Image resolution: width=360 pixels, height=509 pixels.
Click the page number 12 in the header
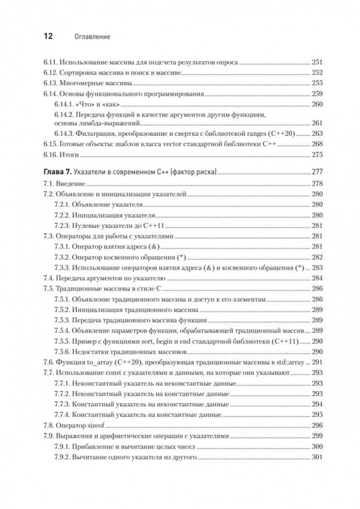[x=46, y=37]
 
